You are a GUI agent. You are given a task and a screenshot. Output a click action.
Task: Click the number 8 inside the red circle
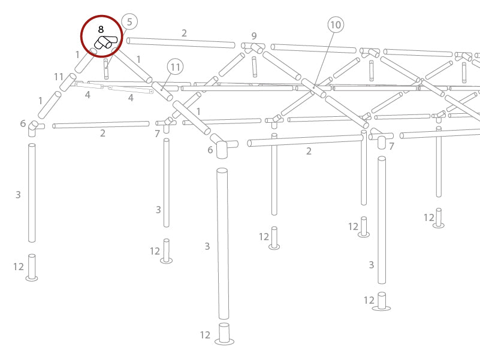click(101, 29)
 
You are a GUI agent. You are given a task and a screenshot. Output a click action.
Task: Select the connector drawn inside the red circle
click(105, 42)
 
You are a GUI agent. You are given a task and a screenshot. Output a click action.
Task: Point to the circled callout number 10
click(336, 25)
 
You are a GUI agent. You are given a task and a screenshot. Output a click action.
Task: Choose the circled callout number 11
click(175, 66)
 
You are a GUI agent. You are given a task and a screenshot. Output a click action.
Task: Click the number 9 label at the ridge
click(254, 36)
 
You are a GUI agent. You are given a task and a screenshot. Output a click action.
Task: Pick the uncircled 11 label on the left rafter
click(59, 77)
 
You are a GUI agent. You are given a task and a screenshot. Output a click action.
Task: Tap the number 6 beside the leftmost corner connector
click(23, 124)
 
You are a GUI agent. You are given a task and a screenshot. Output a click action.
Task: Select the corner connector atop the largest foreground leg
click(223, 147)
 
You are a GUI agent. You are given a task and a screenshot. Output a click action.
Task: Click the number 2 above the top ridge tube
click(184, 33)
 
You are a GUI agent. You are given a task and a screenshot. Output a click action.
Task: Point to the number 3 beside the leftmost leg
click(18, 195)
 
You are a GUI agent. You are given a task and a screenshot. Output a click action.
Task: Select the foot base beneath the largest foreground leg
click(224, 334)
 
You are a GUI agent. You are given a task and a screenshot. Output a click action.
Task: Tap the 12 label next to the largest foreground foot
click(206, 335)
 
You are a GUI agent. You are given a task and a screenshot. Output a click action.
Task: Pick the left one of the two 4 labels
click(87, 95)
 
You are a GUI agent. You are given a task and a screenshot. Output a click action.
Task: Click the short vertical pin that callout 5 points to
click(106, 68)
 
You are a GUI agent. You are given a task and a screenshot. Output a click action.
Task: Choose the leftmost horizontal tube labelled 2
click(101, 125)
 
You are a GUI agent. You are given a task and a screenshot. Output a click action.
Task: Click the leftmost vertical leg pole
click(32, 193)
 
